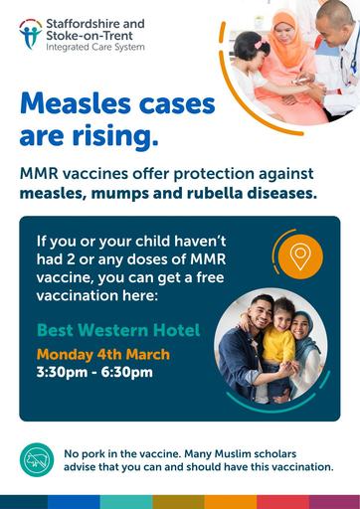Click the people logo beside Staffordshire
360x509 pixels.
click(31, 34)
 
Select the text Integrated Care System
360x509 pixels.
click(95, 47)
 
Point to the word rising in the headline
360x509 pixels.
click(115, 136)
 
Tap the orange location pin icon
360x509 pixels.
click(300, 256)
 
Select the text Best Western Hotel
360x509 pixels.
click(118, 330)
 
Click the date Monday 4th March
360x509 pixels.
click(103, 354)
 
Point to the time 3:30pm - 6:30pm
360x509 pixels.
click(94, 372)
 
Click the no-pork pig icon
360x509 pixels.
click(37, 459)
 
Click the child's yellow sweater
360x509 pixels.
click(278, 345)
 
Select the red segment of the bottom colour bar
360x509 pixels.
click(282, 502)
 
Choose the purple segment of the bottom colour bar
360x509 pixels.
click(334, 502)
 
